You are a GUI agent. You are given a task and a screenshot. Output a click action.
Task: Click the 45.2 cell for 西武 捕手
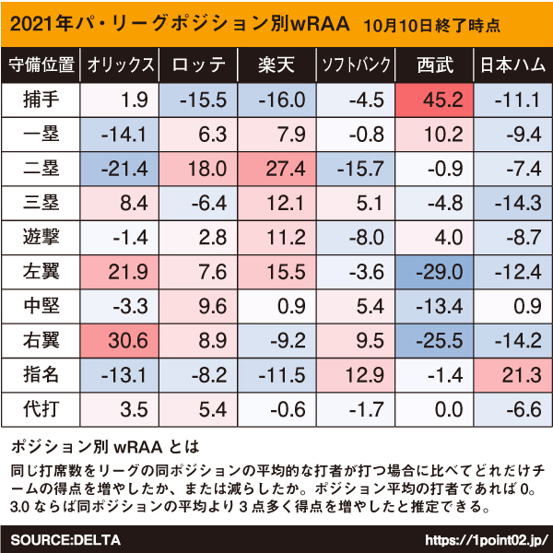coord(434,100)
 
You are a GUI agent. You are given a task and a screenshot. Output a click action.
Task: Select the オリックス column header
coord(120,65)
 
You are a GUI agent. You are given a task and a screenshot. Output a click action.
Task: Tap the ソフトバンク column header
coord(356,65)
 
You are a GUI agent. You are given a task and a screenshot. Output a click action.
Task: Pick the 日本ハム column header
coord(513,65)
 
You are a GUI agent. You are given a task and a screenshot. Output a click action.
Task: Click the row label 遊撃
coord(41,237)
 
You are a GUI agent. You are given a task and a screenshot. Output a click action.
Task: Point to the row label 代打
coord(41,409)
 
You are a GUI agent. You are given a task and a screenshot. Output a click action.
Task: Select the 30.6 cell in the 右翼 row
coord(120,341)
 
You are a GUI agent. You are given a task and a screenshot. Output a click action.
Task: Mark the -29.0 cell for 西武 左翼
coord(434,272)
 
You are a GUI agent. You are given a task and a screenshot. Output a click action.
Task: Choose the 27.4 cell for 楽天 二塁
coord(276,169)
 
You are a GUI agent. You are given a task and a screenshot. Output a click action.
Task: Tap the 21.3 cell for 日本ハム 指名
coord(513,375)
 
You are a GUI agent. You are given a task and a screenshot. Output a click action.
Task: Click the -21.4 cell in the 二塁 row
coord(120,169)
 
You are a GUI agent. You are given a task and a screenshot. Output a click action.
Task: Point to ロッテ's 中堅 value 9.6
coord(198,306)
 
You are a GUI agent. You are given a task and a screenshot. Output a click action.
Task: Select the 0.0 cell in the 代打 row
coord(434,409)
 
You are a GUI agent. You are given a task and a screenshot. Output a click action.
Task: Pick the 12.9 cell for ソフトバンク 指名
coord(356,375)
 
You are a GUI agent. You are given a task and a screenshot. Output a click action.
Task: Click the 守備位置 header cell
coord(41,65)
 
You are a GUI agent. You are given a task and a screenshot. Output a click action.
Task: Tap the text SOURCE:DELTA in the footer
coord(65,540)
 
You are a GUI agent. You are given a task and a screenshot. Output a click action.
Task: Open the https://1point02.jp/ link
coord(487,540)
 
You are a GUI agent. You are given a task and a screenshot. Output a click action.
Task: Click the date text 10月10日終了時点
coord(431,26)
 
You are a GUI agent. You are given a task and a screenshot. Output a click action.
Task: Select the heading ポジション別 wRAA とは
coord(105,447)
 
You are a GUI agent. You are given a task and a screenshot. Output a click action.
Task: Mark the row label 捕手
coord(41,100)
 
